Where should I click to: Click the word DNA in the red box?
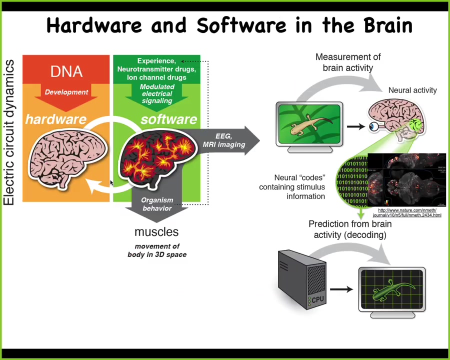(x=66, y=71)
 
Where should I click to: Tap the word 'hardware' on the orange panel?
(x=55, y=119)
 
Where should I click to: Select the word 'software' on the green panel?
(x=168, y=119)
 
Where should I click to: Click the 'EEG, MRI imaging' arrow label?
(x=223, y=140)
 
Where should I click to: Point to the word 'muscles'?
(x=156, y=232)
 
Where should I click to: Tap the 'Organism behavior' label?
(x=157, y=204)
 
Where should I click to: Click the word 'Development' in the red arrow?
(x=66, y=92)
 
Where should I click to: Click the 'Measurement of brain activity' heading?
(x=347, y=62)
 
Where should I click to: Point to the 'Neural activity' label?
(x=412, y=90)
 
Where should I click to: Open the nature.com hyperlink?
(x=407, y=212)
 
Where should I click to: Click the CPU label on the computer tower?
(x=317, y=299)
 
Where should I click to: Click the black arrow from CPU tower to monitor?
(x=341, y=289)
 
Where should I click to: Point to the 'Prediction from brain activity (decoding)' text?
(x=350, y=229)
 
